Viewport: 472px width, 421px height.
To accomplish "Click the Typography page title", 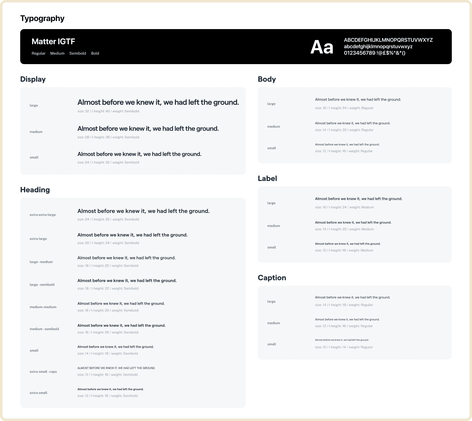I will (42, 18).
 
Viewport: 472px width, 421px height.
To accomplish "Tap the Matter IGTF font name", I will (53, 41).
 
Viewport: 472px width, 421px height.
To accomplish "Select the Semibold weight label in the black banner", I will (78, 53).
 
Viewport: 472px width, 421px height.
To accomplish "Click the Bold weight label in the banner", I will (95, 53).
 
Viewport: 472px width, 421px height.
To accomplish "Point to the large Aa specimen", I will (322, 47).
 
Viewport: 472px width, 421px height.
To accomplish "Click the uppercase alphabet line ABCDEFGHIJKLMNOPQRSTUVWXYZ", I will (388, 40).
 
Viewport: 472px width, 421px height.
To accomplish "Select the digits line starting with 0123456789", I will (374, 53).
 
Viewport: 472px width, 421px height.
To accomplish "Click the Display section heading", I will (33, 79).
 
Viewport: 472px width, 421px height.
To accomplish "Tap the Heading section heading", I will (35, 190).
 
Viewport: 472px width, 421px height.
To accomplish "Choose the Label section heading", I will (267, 179).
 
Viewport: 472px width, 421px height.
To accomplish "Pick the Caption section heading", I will (272, 278).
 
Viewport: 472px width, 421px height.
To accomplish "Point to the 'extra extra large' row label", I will (43, 215).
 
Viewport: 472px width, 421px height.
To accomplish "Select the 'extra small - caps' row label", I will (43, 372).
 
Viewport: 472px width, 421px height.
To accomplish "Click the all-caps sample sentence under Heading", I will (116, 368).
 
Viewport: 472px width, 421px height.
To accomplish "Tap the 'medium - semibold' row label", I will (44, 329).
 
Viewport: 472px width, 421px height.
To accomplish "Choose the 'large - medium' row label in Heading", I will (41, 262).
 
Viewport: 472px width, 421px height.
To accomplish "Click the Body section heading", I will (267, 79).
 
